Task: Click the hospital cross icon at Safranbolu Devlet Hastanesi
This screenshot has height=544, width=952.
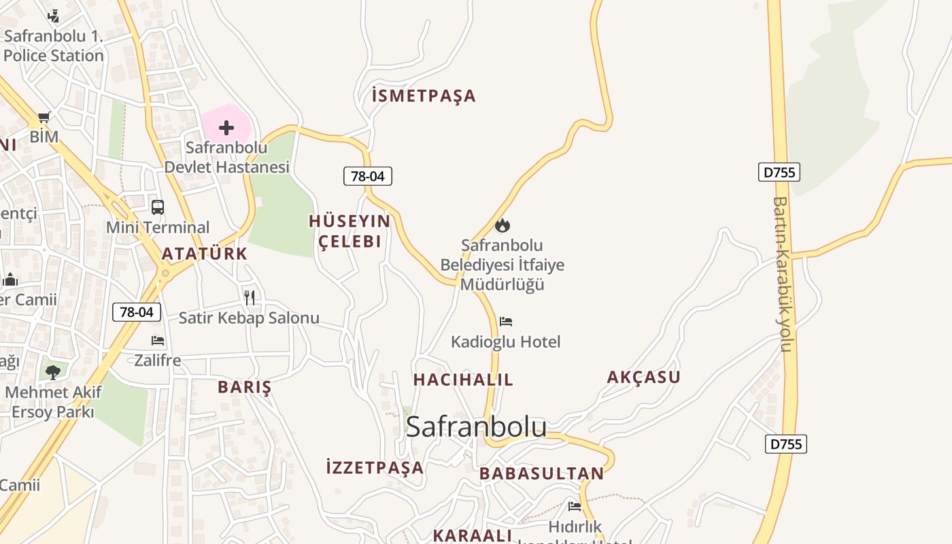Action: [x=226, y=128]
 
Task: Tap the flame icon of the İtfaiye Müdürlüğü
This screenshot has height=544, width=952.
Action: [x=503, y=225]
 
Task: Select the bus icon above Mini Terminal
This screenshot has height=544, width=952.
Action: [x=158, y=207]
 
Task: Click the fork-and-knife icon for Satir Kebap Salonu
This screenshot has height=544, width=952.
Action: [x=250, y=297]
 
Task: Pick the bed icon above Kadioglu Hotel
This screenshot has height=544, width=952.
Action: [x=506, y=321]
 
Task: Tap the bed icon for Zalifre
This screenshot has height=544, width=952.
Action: [x=158, y=340]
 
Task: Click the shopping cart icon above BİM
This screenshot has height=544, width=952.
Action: [x=44, y=117]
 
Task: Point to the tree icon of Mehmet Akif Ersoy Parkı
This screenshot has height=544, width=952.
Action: [x=53, y=372]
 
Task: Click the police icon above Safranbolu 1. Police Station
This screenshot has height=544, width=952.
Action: [x=53, y=16]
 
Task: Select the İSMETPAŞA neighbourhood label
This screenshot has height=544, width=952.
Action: [x=424, y=96]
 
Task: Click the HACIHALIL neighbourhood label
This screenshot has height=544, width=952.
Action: [x=463, y=379]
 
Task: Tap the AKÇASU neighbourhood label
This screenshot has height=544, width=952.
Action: [x=643, y=377]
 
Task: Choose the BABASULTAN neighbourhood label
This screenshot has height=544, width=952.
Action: [x=541, y=473]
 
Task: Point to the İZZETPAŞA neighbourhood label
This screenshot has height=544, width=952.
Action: [x=375, y=468]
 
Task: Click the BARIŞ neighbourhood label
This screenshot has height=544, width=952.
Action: [x=245, y=387]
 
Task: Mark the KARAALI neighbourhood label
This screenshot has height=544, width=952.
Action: [x=472, y=535]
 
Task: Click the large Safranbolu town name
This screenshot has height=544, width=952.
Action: [x=476, y=426]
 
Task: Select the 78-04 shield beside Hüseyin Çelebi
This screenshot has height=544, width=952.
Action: [x=368, y=176]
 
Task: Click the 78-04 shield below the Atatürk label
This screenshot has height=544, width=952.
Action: [x=137, y=312]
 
